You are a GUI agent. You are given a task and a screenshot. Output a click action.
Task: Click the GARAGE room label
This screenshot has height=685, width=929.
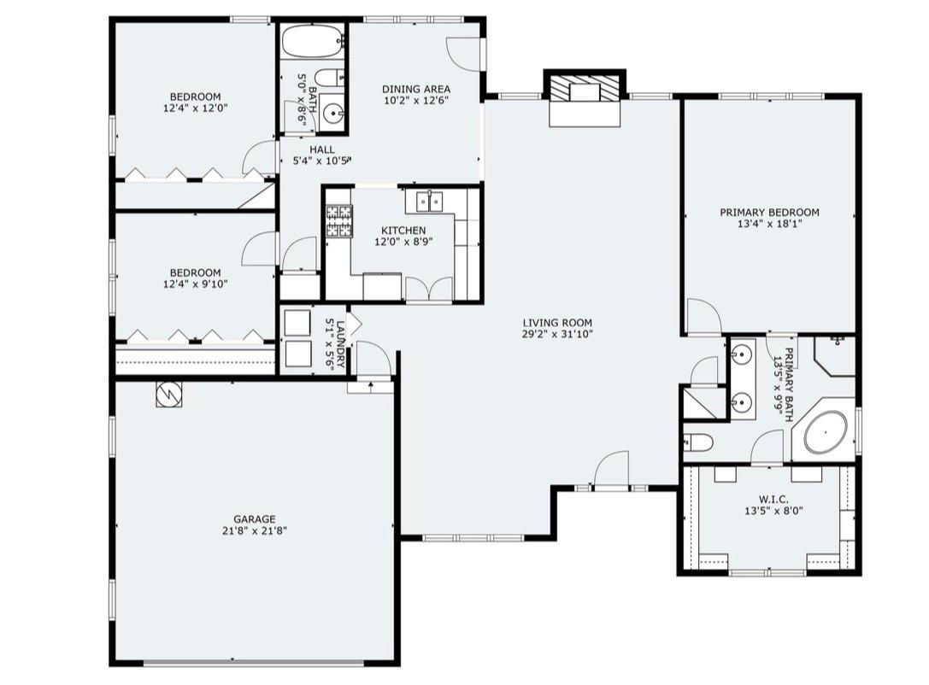(254, 519)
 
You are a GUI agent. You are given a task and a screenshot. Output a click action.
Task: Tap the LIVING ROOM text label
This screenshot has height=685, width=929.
(557, 323)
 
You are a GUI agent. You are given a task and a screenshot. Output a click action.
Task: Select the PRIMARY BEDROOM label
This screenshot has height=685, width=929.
(770, 212)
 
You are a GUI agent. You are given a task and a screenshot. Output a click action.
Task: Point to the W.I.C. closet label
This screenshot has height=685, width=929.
(773, 500)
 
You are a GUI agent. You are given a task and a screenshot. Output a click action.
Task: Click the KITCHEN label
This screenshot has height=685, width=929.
(403, 231)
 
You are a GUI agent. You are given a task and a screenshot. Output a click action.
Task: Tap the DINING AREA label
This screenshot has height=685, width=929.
(416, 90)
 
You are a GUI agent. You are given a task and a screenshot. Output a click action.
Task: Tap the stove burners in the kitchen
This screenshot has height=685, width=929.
(339, 221)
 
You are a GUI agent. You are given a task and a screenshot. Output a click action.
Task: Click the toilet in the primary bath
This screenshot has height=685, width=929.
(697, 442)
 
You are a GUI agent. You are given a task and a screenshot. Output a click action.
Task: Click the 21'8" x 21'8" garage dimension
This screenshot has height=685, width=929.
(254, 531)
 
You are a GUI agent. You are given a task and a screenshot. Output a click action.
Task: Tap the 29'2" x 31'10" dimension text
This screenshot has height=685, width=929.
(557, 334)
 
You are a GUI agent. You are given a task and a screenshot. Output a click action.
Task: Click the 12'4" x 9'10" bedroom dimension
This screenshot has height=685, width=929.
(196, 284)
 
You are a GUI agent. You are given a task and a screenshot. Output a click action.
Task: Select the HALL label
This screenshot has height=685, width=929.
(321, 149)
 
